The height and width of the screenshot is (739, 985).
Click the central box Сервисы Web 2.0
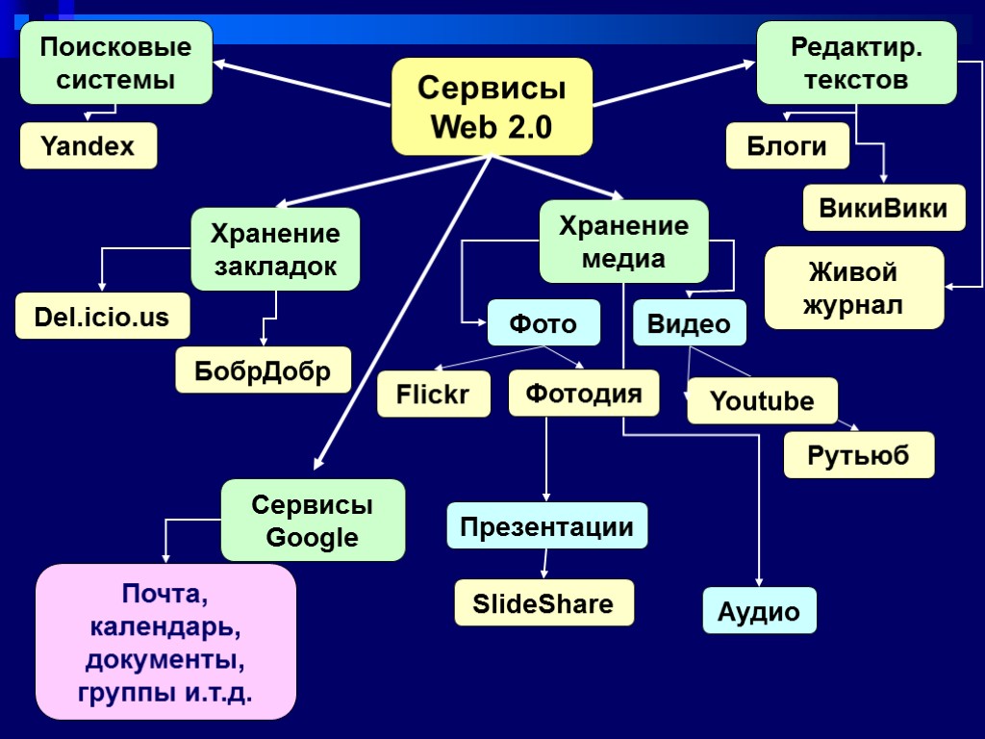492,107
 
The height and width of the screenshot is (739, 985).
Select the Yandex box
88,146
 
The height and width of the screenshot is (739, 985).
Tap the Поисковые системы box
116,63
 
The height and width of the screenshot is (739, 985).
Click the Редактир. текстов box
856,63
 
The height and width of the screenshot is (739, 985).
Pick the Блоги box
787,146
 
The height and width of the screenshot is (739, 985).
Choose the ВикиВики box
884,208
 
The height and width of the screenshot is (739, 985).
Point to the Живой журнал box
854,288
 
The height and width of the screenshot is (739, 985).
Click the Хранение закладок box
275,249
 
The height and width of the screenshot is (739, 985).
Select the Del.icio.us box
102,317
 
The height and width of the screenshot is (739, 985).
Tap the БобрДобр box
264,370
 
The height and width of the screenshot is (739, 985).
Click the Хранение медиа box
623,242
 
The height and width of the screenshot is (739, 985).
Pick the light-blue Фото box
543,323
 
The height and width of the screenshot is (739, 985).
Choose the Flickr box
433,395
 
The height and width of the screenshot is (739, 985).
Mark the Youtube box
762,401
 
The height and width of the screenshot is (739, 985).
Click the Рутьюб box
859,455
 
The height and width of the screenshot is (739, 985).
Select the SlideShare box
543,603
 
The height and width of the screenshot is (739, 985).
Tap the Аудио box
759,611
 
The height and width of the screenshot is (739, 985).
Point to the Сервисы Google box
313,521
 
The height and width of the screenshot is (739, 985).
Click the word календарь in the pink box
165,627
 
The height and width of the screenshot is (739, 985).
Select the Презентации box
546,526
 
